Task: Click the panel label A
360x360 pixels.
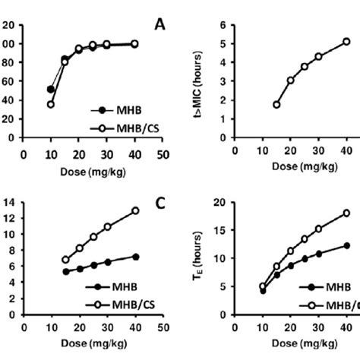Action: click(x=159, y=24)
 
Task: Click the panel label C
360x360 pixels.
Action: click(x=159, y=203)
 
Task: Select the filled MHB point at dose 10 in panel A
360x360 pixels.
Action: click(x=51, y=89)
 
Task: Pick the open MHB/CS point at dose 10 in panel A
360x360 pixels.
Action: click(x=51, y=104)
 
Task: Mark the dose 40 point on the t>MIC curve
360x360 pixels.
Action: click(x=346, y=42)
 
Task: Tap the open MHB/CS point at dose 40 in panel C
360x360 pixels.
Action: click(x=135, y=210)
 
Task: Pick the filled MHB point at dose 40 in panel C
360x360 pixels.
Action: click(x=135, y=257)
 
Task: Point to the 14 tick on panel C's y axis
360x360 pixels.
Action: click(x=8, y=202)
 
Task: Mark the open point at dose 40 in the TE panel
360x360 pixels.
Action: click(x=346, y=214)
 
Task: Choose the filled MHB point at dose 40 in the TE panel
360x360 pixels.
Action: click(x=346, y=245)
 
